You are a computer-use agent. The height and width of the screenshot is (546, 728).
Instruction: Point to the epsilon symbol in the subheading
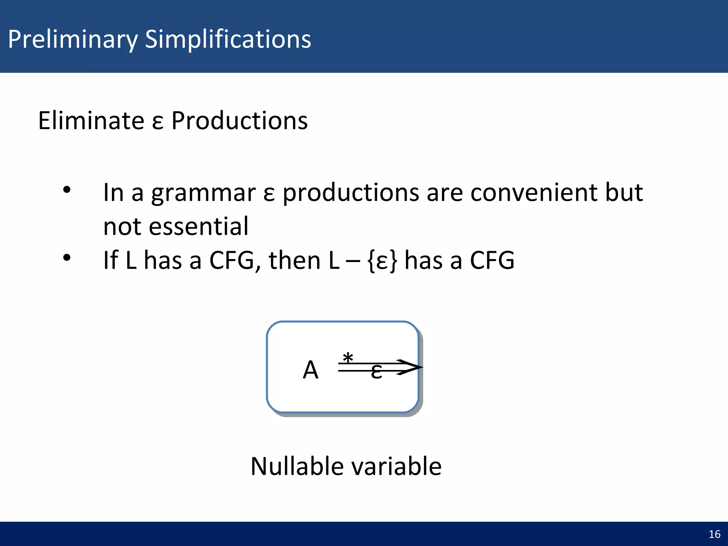tap(157, 123)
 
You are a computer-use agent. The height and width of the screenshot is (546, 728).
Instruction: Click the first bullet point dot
tap(67, 190)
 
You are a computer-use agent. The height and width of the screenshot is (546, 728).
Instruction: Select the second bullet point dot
tap(67, 258)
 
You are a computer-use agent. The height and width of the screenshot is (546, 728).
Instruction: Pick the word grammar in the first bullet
tap(203, 194)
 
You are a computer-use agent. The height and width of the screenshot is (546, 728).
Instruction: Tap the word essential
tap(198, 226)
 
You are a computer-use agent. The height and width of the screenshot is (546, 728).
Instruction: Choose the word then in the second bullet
tap(294, 260)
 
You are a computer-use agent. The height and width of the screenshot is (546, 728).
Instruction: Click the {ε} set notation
tap(382, 261)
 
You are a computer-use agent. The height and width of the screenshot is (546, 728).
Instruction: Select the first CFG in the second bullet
tap(231, 260)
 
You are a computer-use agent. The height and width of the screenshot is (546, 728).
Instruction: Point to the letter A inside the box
tap(310, 370)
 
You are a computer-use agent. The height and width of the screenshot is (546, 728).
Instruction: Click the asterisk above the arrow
tap(348, 358)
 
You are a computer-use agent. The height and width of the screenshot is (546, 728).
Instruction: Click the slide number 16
tap(714, 534)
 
